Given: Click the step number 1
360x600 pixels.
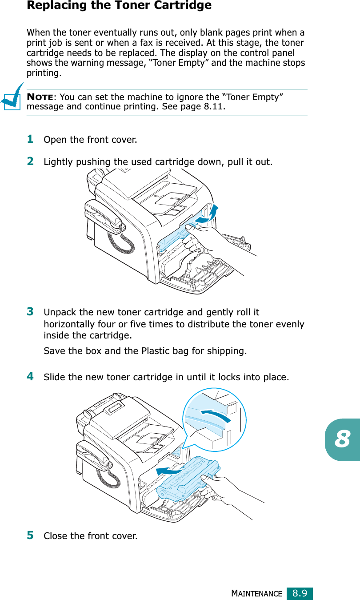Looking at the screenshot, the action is tap(30, 139).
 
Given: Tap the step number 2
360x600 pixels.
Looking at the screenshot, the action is tap(30, 161).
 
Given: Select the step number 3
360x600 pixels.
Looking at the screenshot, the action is tap(30, 311).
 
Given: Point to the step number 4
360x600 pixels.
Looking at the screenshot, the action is tap(30, 376).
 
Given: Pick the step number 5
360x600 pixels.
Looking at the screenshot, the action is tap(30, 535).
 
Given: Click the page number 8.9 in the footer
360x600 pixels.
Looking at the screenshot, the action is tap(300, 593).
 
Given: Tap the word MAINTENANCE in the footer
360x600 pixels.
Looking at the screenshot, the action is tap(256, 594).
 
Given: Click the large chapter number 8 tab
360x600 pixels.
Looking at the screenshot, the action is tap(342, 439).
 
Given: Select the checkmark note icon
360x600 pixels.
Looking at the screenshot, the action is tap(12, 97).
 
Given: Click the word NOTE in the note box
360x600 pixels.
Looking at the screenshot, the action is tap(40, 97).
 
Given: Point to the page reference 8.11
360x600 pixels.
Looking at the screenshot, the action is tap(213, 107).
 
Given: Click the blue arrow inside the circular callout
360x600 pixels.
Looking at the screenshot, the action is tap(216, 415).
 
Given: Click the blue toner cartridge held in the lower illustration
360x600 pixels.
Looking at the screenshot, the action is tap(188, 479).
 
